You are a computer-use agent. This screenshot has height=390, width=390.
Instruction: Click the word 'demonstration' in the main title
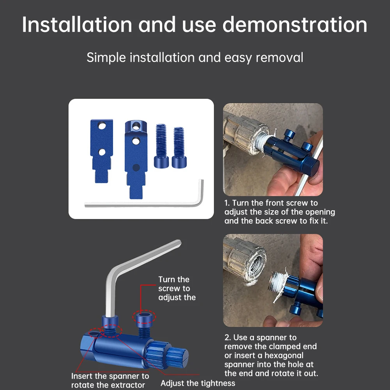[294, 25]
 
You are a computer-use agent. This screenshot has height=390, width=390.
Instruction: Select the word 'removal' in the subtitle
[279, 58]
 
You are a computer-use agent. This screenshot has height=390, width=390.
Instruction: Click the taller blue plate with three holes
[135, 156]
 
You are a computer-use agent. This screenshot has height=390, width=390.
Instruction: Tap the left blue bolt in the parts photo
[161, 146]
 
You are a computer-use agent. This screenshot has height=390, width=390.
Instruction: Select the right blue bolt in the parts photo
[178, 147]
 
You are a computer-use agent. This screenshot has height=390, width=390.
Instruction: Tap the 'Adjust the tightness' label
[198, 383]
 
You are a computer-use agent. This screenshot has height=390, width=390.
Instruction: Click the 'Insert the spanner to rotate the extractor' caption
[110, 381]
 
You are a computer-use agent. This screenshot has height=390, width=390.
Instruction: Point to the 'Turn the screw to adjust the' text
[176, 289]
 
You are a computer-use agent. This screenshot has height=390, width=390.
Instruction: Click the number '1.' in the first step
[227, 203]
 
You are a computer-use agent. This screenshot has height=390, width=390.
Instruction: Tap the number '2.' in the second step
[228, 338]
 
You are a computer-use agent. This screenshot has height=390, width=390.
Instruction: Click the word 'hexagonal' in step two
[284, 356]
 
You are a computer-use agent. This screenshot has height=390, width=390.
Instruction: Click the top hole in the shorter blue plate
[102, 127]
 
